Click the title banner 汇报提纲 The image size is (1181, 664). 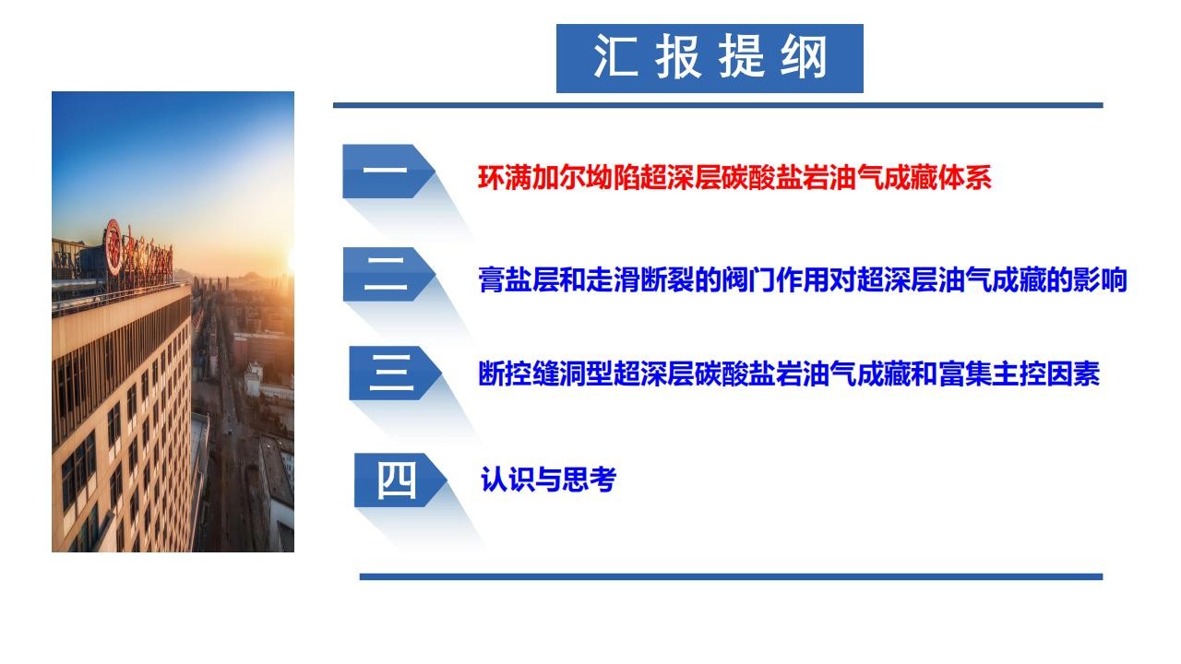tap(710, 58)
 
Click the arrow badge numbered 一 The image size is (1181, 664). tap(388, 171)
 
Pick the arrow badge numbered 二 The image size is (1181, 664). tap(389, 274)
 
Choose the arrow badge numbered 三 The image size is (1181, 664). tap(395, 373)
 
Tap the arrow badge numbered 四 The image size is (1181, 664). tap(400, 480)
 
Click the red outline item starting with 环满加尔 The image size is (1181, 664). tap(734, 178)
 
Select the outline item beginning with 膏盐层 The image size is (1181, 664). tap(803, 279)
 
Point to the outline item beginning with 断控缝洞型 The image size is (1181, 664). tap(789, 374)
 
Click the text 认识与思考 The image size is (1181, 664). tap(548, 480)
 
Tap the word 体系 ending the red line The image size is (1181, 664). tap(964, 178)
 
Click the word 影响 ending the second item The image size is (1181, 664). tap(1101, 279)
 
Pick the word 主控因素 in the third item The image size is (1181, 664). tap(1046, 374)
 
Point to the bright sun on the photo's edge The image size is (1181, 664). tap(291, 262)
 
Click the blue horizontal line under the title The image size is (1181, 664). tap(718, 105)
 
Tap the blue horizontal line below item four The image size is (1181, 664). tap(732, 576)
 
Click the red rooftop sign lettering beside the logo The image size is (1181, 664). tap(148, 256)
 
